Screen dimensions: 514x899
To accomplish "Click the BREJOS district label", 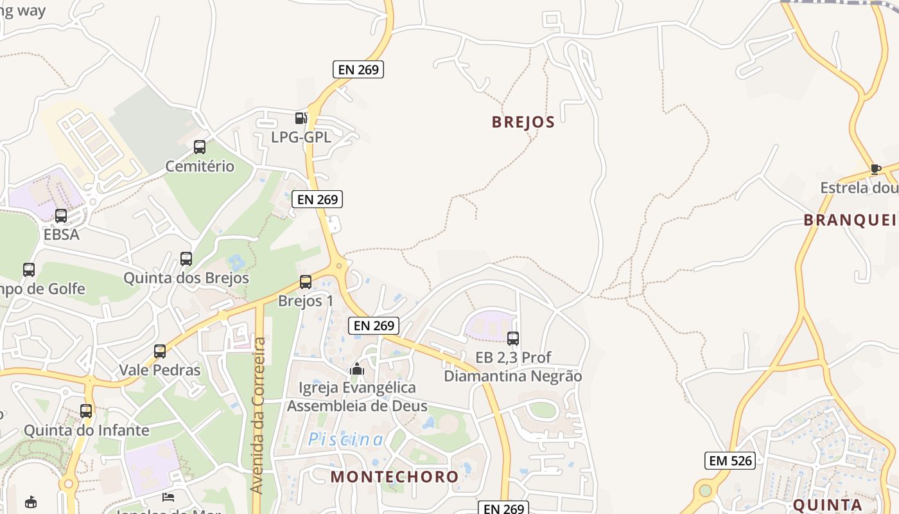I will [523, 122].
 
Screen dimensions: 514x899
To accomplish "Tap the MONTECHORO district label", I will [394, 476].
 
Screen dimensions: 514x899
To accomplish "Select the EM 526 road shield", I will [729, 460].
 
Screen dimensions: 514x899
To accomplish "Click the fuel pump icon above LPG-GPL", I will [300, 118].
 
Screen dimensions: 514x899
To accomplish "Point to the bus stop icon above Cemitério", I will [200, 147].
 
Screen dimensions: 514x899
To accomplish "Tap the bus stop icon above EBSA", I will [61, 216].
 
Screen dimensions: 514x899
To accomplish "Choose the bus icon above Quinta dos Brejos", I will [186, 259].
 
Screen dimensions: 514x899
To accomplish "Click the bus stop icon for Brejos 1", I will [306, 282].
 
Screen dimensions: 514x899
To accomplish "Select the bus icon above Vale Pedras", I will [160, 351].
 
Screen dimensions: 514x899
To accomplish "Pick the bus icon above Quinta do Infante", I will [86, 411].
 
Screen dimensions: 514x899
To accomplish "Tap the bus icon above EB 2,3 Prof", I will [512, 339].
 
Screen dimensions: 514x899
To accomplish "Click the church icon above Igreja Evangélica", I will [357, 369].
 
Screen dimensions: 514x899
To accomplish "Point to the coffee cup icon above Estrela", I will [875, 169].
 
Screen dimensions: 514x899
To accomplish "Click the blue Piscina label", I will [346, 439].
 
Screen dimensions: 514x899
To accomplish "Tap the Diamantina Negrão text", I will [512, 376].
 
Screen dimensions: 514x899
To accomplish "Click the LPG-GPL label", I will [301, 137].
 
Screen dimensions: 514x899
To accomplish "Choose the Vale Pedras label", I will [160, 370].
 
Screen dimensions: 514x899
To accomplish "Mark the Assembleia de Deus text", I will [357, 406].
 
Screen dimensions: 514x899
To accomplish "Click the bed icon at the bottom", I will [168, 497].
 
